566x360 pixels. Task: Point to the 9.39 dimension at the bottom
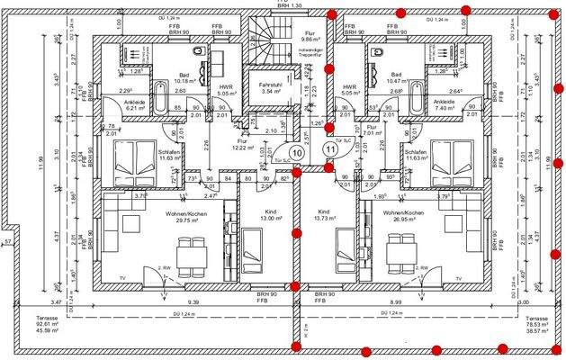tap(193, 302)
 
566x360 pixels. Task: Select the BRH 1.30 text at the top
tap(291, 4)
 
